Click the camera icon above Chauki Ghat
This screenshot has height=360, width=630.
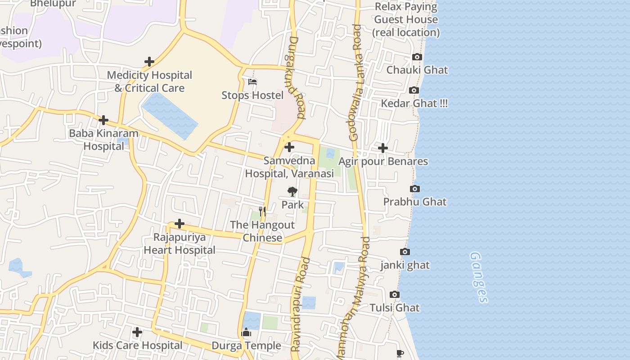[417, 57]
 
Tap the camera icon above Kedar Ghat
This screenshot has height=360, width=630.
[414, 90]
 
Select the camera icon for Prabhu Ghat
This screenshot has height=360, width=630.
[415, 189]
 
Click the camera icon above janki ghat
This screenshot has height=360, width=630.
[405, 252]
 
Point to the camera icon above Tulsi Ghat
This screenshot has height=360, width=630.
[395, 295]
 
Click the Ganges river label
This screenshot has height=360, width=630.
[479, 277]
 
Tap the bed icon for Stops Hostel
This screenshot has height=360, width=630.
[252, 82]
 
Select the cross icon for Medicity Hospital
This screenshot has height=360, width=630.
[149, 62]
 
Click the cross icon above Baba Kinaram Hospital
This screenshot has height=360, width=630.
[103, 120]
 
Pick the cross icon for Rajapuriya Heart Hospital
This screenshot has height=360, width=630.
[180, 224]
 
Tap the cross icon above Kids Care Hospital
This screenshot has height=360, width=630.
[137, 333]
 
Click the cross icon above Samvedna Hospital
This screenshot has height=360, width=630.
[289, 147]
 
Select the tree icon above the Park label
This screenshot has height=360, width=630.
[292, 192]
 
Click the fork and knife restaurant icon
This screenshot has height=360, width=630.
[262, 211]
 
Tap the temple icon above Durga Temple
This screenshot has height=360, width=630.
[246, 333]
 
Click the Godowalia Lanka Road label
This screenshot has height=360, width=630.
[355, 83]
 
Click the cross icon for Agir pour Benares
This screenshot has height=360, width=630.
[382, 148]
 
